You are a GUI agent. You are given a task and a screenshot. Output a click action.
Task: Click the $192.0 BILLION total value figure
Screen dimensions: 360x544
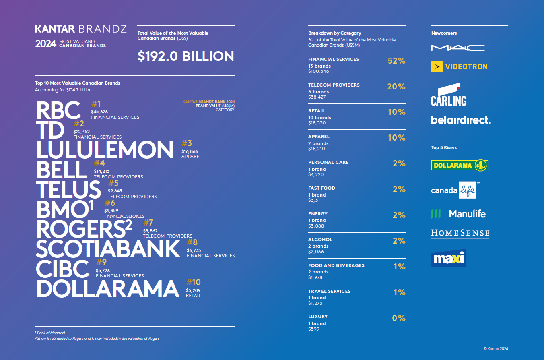[185, 56]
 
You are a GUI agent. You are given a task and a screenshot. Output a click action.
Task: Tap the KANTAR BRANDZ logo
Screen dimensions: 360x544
[81, 29]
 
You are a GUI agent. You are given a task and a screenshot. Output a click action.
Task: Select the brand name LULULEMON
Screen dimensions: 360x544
[105, 149]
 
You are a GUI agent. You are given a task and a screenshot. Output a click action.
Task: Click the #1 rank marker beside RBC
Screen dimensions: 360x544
[96, 104]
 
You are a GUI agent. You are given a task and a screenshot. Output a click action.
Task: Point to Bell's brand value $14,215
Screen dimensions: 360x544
[101, 171]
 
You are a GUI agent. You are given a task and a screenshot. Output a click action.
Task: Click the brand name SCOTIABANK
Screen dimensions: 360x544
[108, 249]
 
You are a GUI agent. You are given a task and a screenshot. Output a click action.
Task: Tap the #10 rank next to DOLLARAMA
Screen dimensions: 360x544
[193, 282]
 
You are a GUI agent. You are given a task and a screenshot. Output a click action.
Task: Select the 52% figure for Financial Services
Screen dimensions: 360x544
[396, 61]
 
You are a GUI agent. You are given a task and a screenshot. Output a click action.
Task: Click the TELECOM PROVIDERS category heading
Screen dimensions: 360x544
[334, 85]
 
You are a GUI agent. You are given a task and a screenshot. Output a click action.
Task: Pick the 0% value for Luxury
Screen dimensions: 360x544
[398, 318]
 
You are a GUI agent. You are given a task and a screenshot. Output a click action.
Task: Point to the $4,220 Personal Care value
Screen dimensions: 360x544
[316, 174]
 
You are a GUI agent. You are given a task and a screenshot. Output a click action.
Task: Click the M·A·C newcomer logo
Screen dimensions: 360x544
[457, 48]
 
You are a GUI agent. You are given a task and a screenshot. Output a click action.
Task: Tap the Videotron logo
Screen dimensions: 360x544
[459, 66]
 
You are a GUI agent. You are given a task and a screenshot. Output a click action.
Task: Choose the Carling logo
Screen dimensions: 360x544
[448, 95]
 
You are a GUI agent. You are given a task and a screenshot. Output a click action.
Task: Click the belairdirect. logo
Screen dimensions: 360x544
[461, 120]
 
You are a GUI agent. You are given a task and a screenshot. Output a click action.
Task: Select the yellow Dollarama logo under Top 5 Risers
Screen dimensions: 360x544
[460, 165]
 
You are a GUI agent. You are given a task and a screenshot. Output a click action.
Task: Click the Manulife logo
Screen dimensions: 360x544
[458, 214]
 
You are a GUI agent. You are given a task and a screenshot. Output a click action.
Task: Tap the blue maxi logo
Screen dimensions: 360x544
[448, 258]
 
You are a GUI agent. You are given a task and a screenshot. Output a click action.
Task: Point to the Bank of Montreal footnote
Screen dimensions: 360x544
[50, 333]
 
